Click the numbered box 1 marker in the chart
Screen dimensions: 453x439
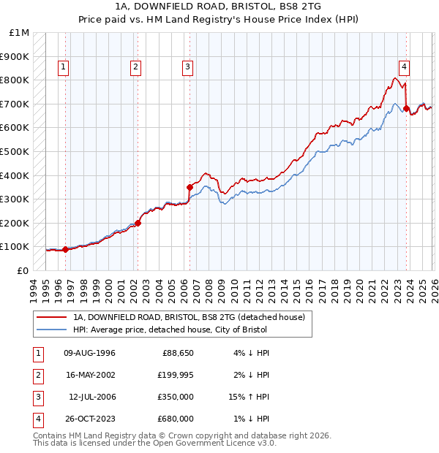(64, 67)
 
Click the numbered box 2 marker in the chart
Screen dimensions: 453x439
(136, 67)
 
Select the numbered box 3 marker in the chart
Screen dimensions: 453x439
(188, 67)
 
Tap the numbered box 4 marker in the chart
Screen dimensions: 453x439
(404, 67)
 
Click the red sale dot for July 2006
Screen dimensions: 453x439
(190, 186)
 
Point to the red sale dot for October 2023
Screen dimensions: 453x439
(406, 108)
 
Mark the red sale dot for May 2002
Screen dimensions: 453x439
(138, 223)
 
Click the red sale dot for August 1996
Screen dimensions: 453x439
(66, 249)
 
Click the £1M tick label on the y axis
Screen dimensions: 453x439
(20, 33)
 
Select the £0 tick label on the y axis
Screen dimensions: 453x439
(23, 270)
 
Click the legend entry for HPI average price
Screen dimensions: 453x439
(170, 330)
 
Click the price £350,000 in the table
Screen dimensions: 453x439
(176, 397)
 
